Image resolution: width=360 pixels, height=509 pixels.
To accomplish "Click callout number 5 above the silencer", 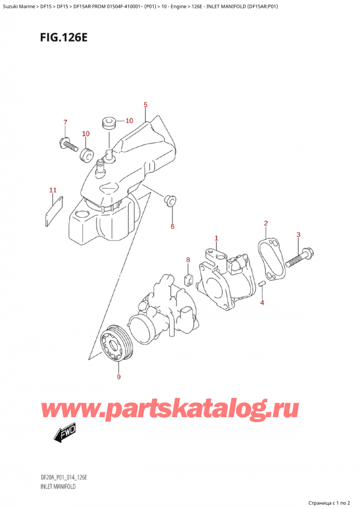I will click(x=145, y=106).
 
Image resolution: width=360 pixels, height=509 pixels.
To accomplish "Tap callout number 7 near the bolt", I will click(x=65, y=123).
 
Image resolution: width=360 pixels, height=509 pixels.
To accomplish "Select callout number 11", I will click(x=53, y=191).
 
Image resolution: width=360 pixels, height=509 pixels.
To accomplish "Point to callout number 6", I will click(x=172, y=226).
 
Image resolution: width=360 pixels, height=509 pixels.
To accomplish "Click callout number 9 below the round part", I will click(x=118, y=377).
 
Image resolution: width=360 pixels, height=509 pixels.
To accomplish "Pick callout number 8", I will click(x=188, y=260).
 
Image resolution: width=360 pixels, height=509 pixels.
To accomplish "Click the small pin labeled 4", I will click(x=263, y=283).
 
